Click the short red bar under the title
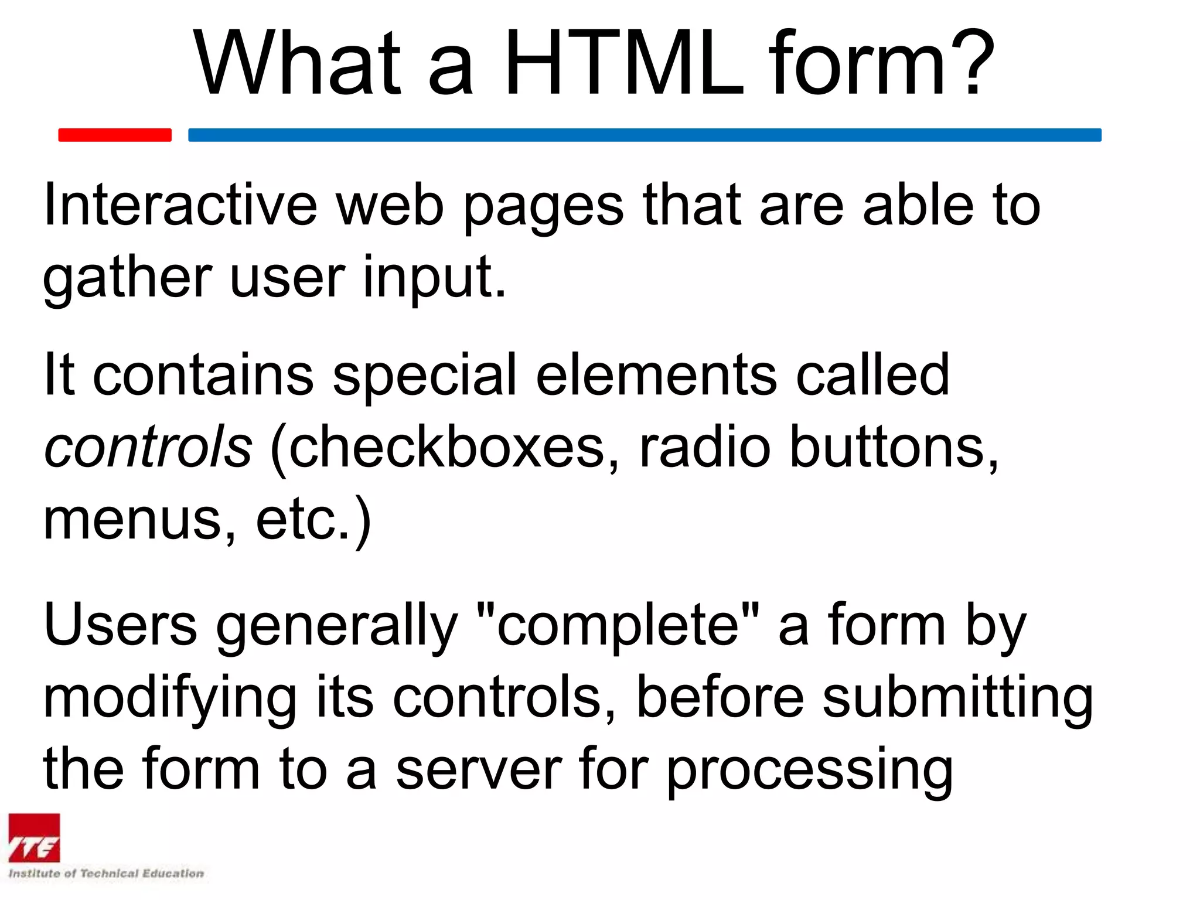[115, 135]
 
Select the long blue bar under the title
[645, 135]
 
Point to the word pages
[543, 208]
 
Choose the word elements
[656, 375]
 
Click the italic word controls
[148, 447]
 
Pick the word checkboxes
[445, 447]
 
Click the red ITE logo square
[34, 838]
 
